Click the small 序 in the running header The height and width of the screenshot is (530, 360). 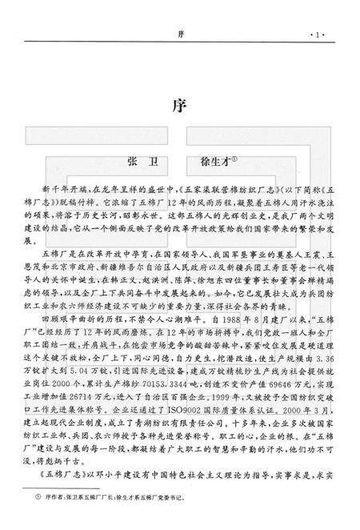point(181,34)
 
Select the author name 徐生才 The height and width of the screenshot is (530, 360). point(211,161)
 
